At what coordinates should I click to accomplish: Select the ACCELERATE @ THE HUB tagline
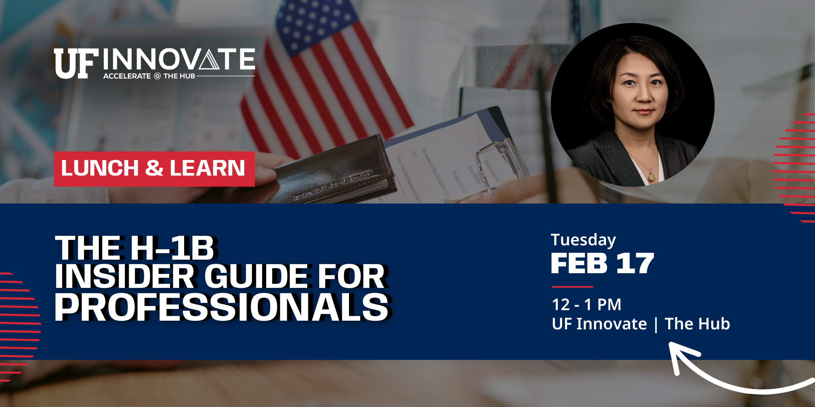coord(149,76)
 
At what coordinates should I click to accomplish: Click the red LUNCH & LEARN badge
coord(154,168)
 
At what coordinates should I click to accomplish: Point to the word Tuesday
coord(583,240)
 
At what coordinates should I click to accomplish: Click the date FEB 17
coord(602,263)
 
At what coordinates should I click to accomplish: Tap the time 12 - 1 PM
coord(586,304)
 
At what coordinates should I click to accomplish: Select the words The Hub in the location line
coord(697,324)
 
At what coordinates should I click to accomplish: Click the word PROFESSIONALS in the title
coord(221,308)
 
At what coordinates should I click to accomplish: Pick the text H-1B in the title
coord(172,248)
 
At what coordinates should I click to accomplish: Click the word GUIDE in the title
coord(257,277)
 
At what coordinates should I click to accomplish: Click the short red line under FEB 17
coord(572,287)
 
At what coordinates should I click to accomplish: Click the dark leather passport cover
coord(332,170)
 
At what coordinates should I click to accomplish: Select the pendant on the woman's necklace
coord(651,176)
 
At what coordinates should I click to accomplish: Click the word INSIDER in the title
coord(125,277)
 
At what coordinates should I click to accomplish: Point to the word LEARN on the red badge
coord(207,168)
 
